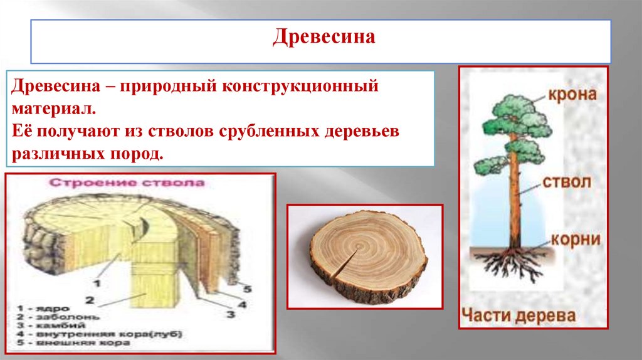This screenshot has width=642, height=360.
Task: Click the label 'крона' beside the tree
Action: tap(572, 96)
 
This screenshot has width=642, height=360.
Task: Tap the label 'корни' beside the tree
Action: tap(576, 240)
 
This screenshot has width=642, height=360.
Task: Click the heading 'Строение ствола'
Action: tap(127, 184)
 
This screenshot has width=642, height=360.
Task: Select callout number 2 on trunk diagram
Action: tap(90, 299)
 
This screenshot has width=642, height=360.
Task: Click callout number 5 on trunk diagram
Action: tap(246, 290)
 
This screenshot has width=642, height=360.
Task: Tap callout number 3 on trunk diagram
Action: tap(230, 314)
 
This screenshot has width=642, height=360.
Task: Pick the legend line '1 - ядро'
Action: tap(39, 309)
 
